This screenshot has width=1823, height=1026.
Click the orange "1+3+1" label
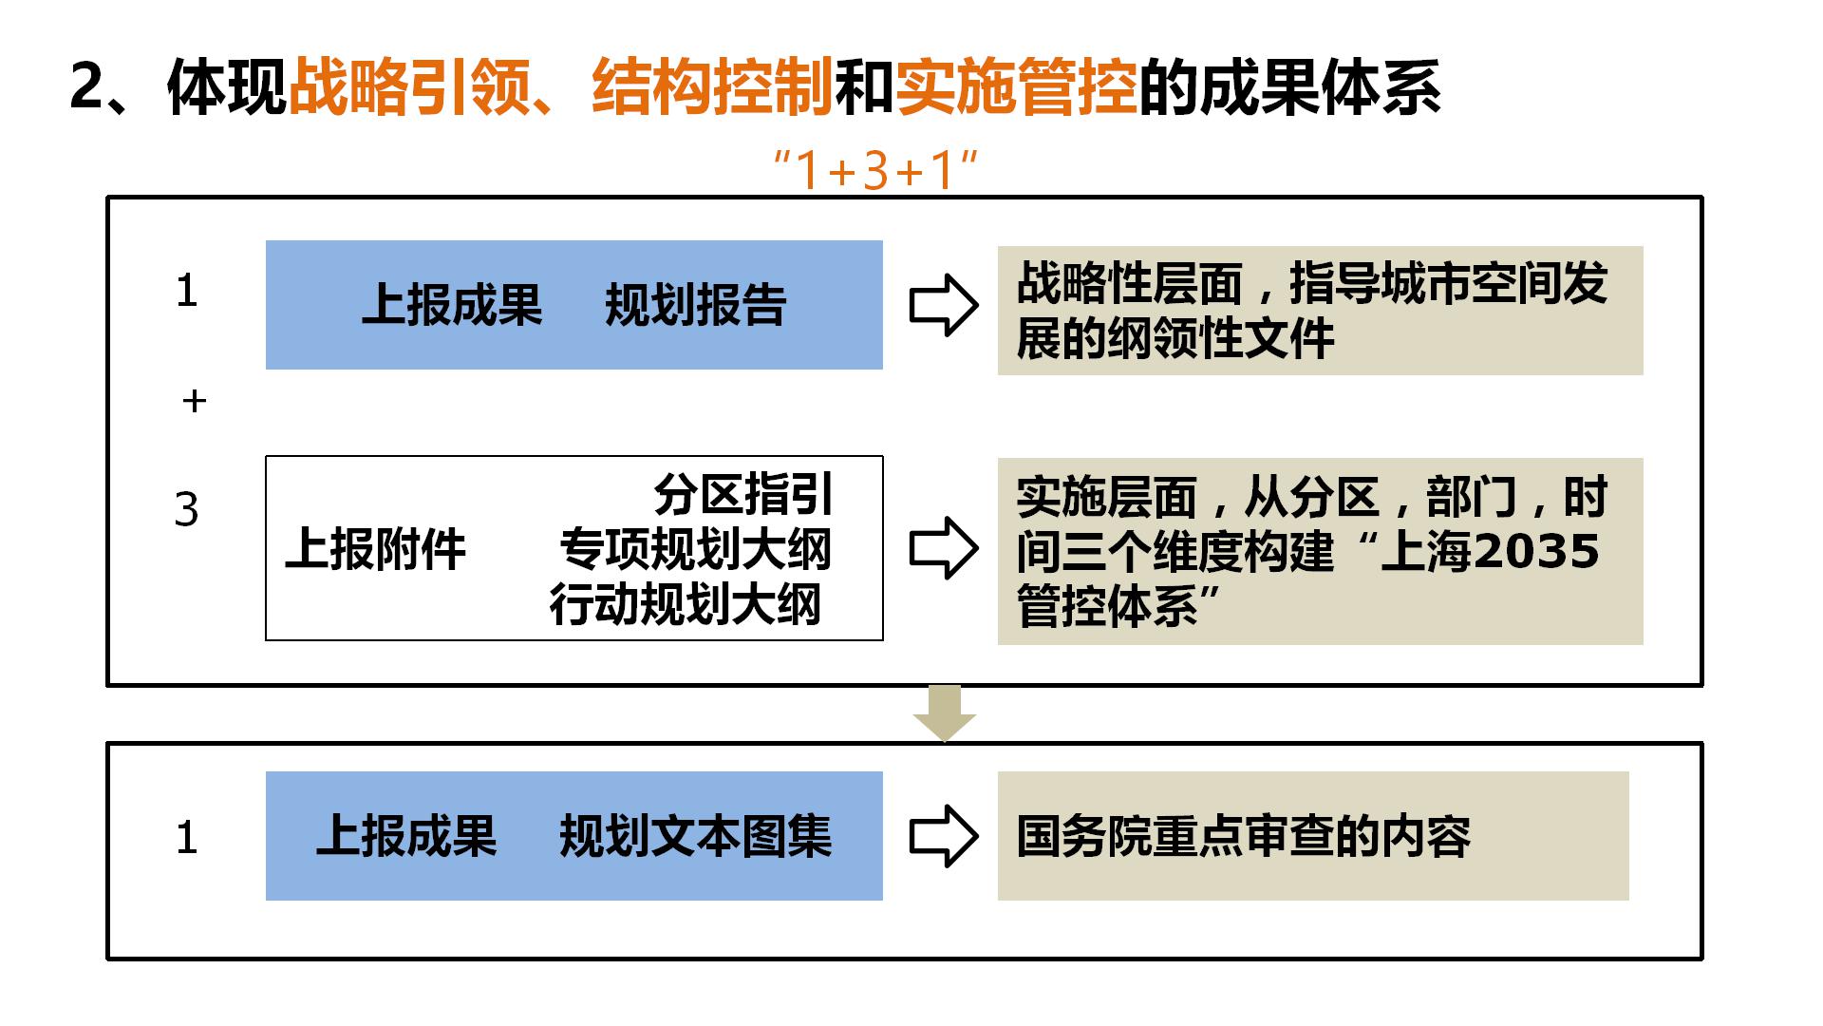point(875,171)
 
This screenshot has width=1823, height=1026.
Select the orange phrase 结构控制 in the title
point(712,87)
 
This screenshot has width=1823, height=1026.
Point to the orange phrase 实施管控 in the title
point(1016,87)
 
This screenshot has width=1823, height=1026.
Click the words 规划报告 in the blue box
point(696,305)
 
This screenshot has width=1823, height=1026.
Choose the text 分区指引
point(742,494)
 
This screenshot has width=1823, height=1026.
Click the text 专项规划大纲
point(696,549)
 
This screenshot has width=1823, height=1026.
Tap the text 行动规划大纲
point(686,604)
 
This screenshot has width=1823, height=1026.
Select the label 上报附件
point(376,549)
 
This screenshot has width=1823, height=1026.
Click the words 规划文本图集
point(696,836)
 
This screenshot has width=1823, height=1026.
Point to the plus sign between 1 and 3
point(194,402)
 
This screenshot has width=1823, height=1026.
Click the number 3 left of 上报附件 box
point(187,510)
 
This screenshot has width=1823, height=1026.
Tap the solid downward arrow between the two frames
point(945,713)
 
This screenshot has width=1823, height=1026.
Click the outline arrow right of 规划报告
point(944,305)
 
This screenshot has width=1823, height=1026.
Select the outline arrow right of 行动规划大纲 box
point(944,548)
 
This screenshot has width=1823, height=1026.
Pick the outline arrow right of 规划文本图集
point(944,836)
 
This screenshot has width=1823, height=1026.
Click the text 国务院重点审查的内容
point(1244,836)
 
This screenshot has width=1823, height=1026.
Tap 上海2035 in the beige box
point(1490,551)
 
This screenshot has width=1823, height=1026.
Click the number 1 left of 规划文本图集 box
point(187,838)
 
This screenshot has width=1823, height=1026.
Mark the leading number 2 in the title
point(86,88)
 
